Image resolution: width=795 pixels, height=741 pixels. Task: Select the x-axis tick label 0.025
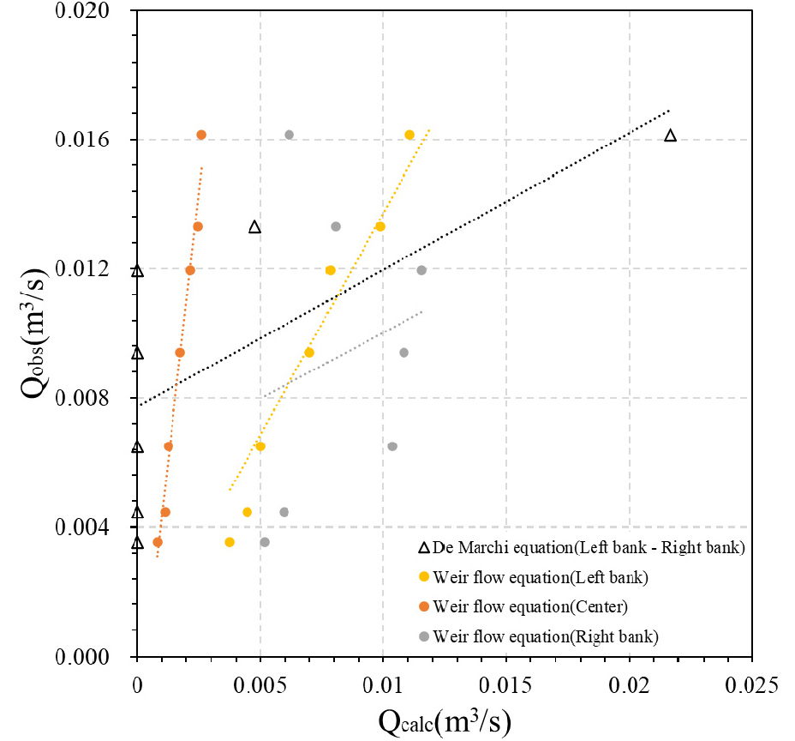coord(752,685)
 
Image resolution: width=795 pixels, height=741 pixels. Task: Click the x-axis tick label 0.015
coord(505,685)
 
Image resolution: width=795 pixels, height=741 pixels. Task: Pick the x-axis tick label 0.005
coord(260,685)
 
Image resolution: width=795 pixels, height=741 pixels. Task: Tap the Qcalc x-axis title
coord(445,720)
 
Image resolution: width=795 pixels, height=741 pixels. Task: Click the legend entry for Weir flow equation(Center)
coord(530,607)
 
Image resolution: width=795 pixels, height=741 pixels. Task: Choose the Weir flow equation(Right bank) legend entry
coord(546,636)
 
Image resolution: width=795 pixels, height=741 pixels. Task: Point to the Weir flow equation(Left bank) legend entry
coord(541,577)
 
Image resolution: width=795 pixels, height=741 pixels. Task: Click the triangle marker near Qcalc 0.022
coord(670,136)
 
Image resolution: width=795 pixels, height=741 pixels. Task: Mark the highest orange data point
coord(201,135)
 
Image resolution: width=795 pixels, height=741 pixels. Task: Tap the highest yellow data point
coord(409,135)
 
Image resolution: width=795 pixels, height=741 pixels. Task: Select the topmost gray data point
coord(289,135)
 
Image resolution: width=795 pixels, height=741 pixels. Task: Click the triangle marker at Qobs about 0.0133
coord(254,227)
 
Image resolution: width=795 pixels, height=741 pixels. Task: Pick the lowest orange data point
coord(158,542)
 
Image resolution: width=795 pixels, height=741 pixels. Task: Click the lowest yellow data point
coord(230,542)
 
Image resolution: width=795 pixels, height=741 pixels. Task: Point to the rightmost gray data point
coord(421,270)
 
